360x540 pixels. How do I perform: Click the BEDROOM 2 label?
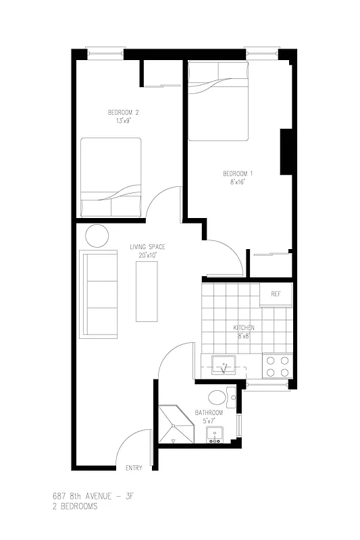[x=123, y=112]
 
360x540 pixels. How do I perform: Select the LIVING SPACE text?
[x=147, y=247]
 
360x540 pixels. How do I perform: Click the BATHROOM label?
[x=209, y=412]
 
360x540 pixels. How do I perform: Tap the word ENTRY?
[x=134, y=468]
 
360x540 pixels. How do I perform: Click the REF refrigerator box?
[x=276, y=294]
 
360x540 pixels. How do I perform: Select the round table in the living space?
[x=97, y=236]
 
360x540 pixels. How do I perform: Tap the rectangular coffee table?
[x=147, y=291]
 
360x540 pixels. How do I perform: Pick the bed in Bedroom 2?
[x=111, y=177]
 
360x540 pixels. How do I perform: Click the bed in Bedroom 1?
[x=218, y=101]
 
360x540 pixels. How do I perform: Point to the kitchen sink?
[x=222, y=366]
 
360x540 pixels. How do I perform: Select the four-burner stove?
[x=276, y=366]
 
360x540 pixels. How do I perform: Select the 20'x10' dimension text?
[x=147, y=256]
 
